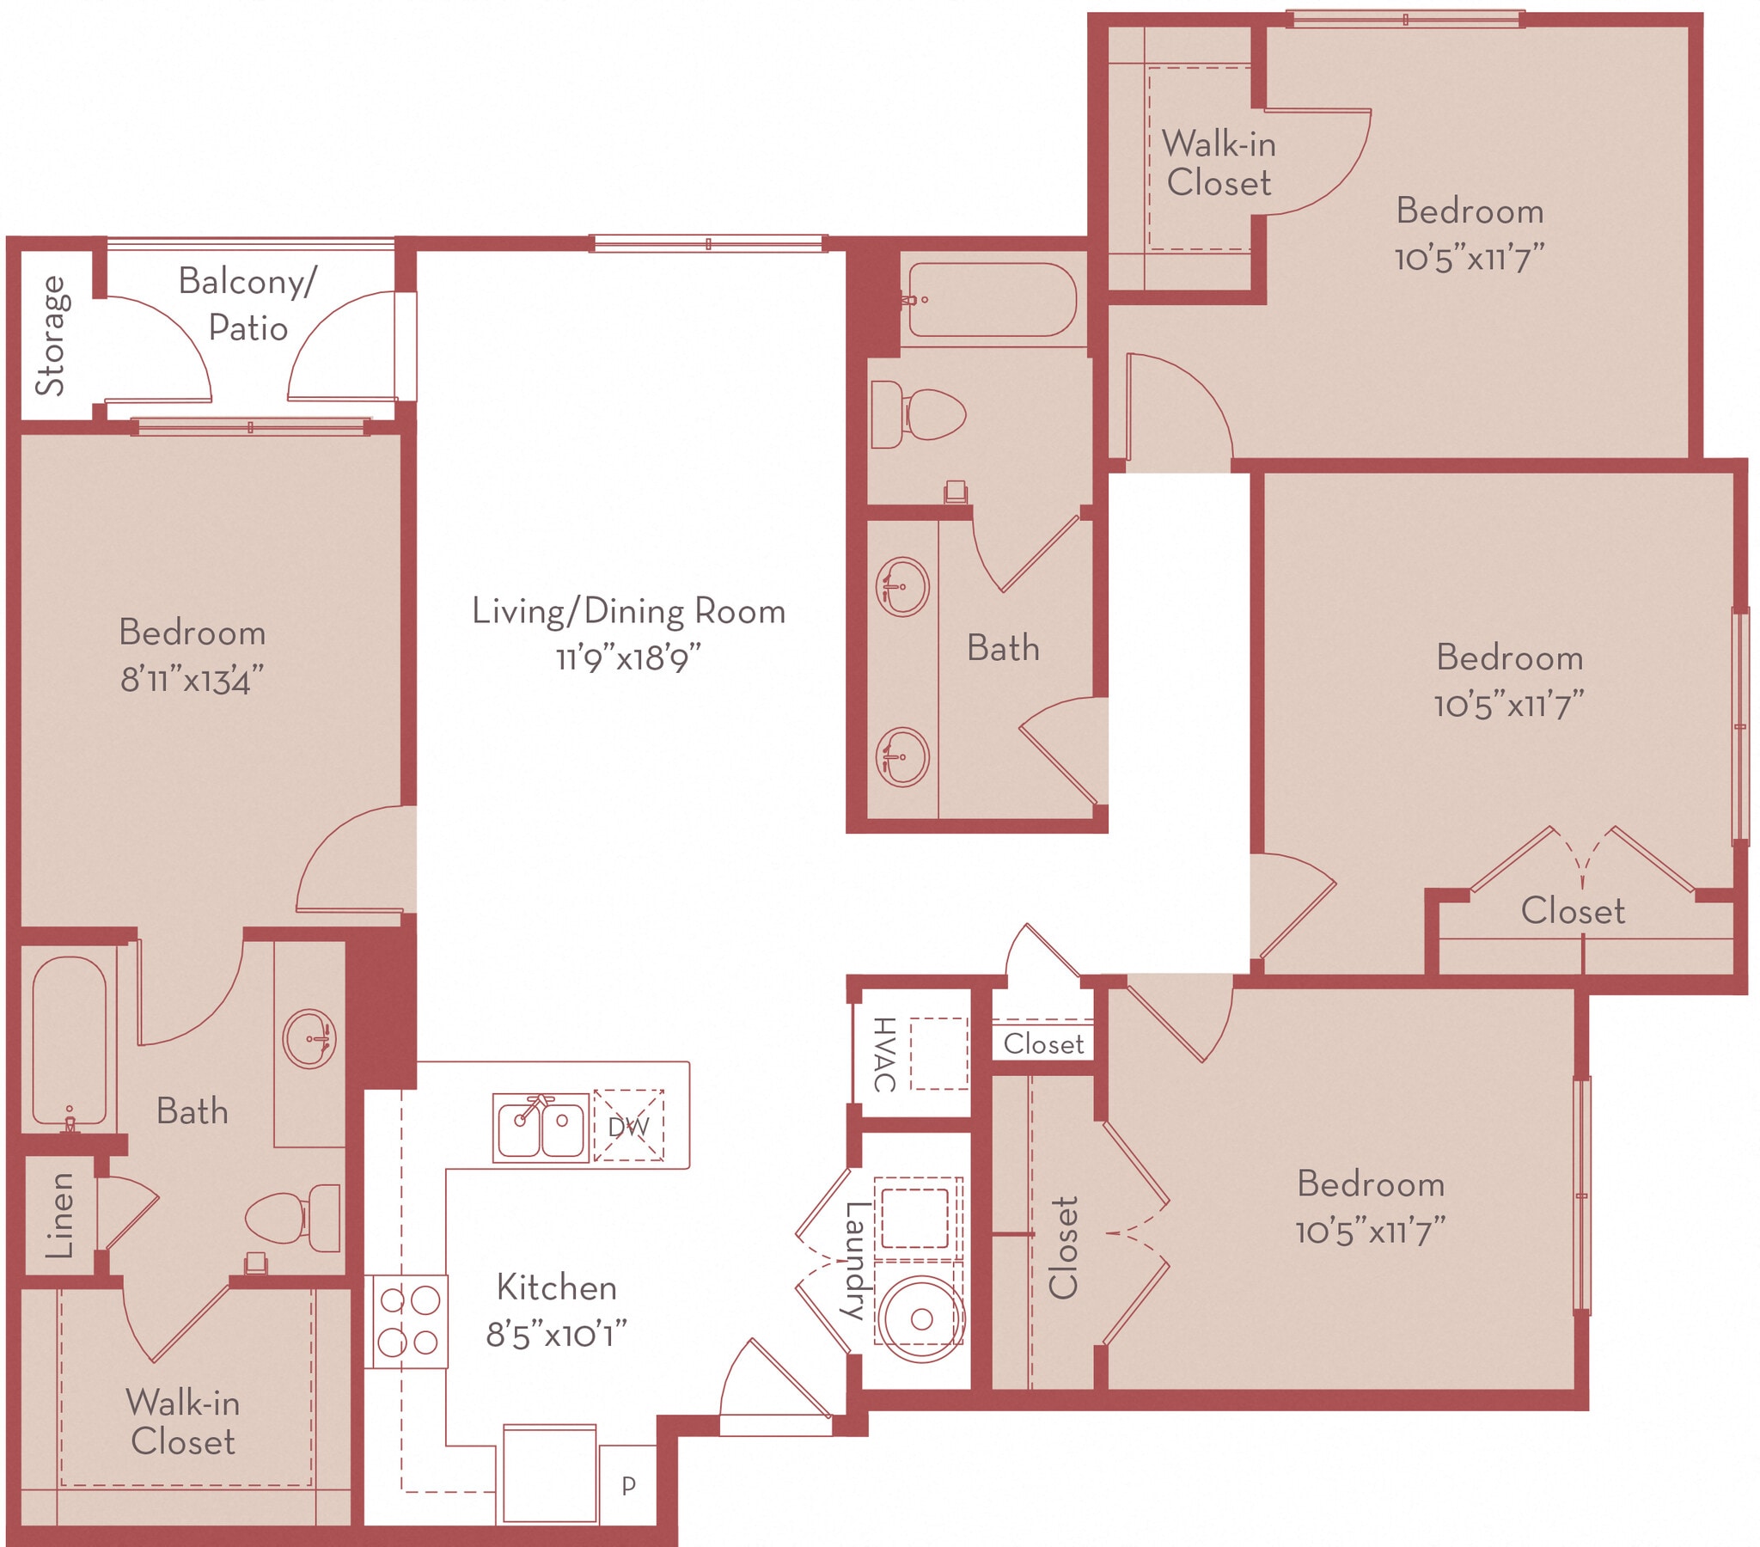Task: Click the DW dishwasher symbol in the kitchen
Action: [627, 1126]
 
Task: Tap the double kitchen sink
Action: [540, 1127]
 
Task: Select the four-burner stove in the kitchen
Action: [409, 1320]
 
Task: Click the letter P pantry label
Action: [628, 1484]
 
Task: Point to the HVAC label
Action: [884, 1054]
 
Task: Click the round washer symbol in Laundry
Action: [920, 1318]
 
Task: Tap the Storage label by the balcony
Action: [50, 336]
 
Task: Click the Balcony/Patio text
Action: [248, 304]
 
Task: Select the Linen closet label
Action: [58, 1215]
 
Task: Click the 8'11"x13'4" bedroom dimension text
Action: [191, 681]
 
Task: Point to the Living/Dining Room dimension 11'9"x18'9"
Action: [627, 659]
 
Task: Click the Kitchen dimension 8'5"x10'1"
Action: [555, 1335]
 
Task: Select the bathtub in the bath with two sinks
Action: [992, 300]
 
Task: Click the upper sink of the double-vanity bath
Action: [901, 588]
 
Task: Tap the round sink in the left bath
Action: [309, 1039]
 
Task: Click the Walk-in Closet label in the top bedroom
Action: [1218, 162]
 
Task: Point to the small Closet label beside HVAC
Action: [1042, 1044]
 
